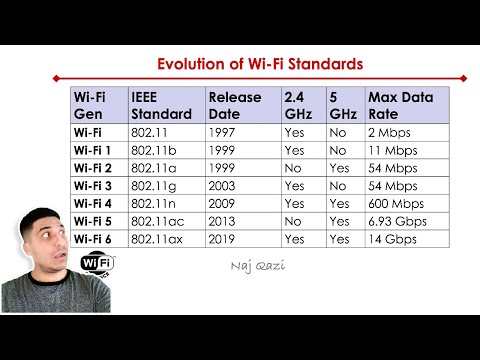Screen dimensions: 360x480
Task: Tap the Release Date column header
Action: pos(234,106)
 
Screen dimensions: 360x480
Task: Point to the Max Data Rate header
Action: pos(400,106)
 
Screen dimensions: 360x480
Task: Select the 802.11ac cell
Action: pos(158,222)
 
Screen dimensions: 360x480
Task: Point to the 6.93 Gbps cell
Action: pos(398,222)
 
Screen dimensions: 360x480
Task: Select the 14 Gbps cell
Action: pos(393,240)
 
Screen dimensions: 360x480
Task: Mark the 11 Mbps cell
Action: pos(393,150)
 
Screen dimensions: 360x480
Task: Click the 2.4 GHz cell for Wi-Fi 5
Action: pos(293,222)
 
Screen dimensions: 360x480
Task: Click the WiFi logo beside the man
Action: pos(97,262)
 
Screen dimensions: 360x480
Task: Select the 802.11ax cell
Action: pos(158,240)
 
